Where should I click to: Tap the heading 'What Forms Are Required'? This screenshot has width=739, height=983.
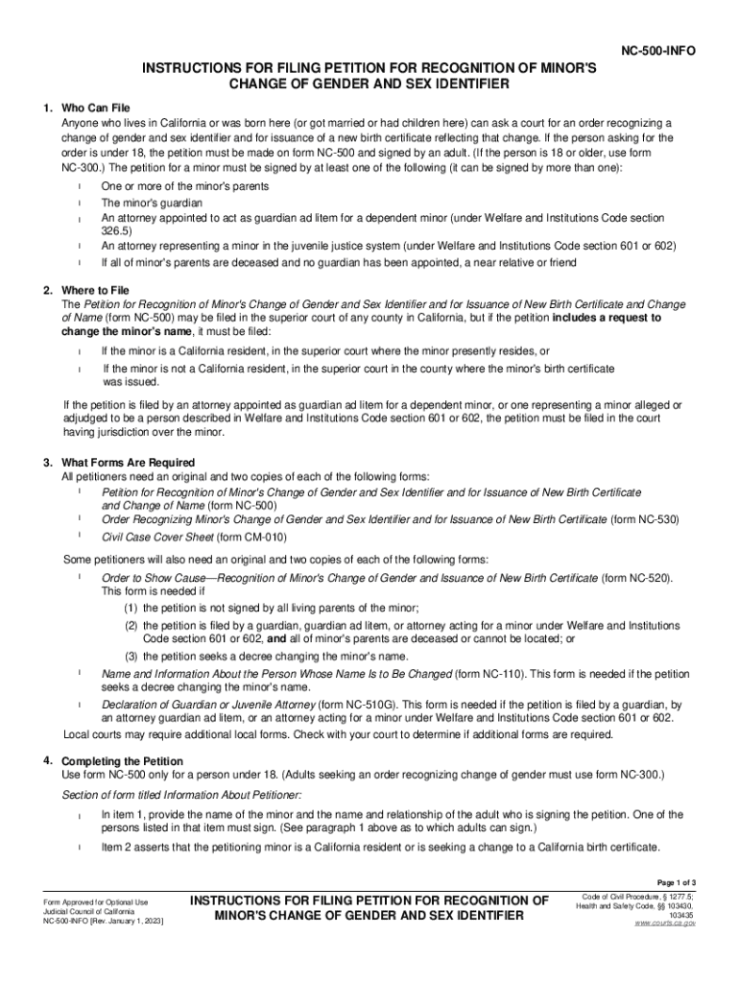[128, 463]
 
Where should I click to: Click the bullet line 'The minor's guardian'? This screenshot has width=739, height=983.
[152, 204]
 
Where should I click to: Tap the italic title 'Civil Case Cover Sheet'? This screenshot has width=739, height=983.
[143, 538]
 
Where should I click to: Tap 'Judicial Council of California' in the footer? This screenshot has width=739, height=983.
[89, 911]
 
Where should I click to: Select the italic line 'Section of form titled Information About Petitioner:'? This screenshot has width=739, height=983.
[181, 794]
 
